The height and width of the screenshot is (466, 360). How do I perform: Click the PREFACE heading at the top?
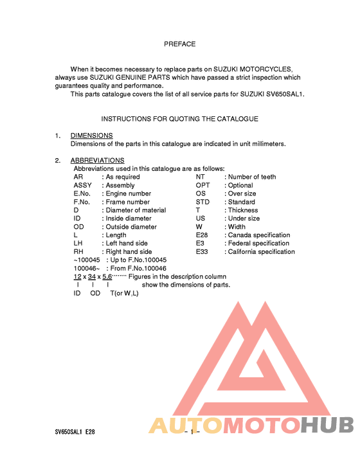[179, 44]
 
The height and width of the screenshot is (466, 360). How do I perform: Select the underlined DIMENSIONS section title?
[91, 136]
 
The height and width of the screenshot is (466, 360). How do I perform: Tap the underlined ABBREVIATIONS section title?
[97, 161]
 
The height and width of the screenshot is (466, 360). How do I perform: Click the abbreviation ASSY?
[83, 185]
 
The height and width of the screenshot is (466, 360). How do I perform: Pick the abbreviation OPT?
[203, 185]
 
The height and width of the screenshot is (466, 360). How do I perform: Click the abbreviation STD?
[203, 202]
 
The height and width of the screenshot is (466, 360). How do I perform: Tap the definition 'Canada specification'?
[259, 235]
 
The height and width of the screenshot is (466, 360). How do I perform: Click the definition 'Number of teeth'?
[252, 177]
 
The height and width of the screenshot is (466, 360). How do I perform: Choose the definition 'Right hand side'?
[129, 252]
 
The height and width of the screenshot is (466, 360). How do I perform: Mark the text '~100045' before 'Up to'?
[87, 260]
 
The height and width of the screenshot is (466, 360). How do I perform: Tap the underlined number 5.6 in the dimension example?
[107, 276]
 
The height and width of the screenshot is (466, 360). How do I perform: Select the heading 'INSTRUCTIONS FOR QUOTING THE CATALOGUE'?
[179, 119]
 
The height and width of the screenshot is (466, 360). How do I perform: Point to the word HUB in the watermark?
[327, 426]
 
